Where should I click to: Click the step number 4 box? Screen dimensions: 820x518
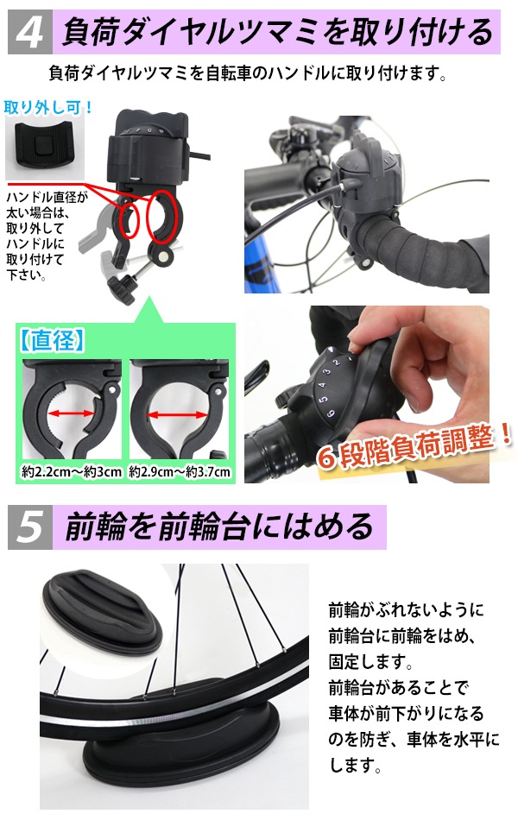point(30,34)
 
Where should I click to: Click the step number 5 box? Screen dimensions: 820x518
point(30,526)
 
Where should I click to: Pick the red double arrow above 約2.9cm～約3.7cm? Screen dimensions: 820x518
point(180,415)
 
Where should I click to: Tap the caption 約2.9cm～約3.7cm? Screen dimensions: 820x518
point(180,472)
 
